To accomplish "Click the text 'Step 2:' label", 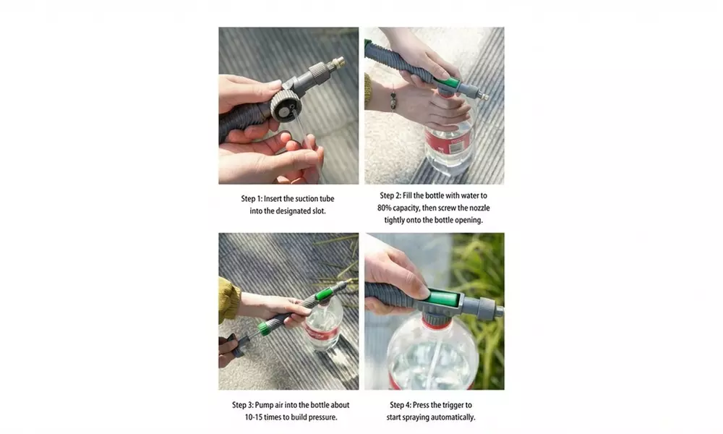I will [x=394, y=196].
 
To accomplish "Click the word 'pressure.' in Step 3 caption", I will [x=322, y=417].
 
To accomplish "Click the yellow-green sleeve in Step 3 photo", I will [x=228, y=299].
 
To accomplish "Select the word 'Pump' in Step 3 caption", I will [x=270, y=405].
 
